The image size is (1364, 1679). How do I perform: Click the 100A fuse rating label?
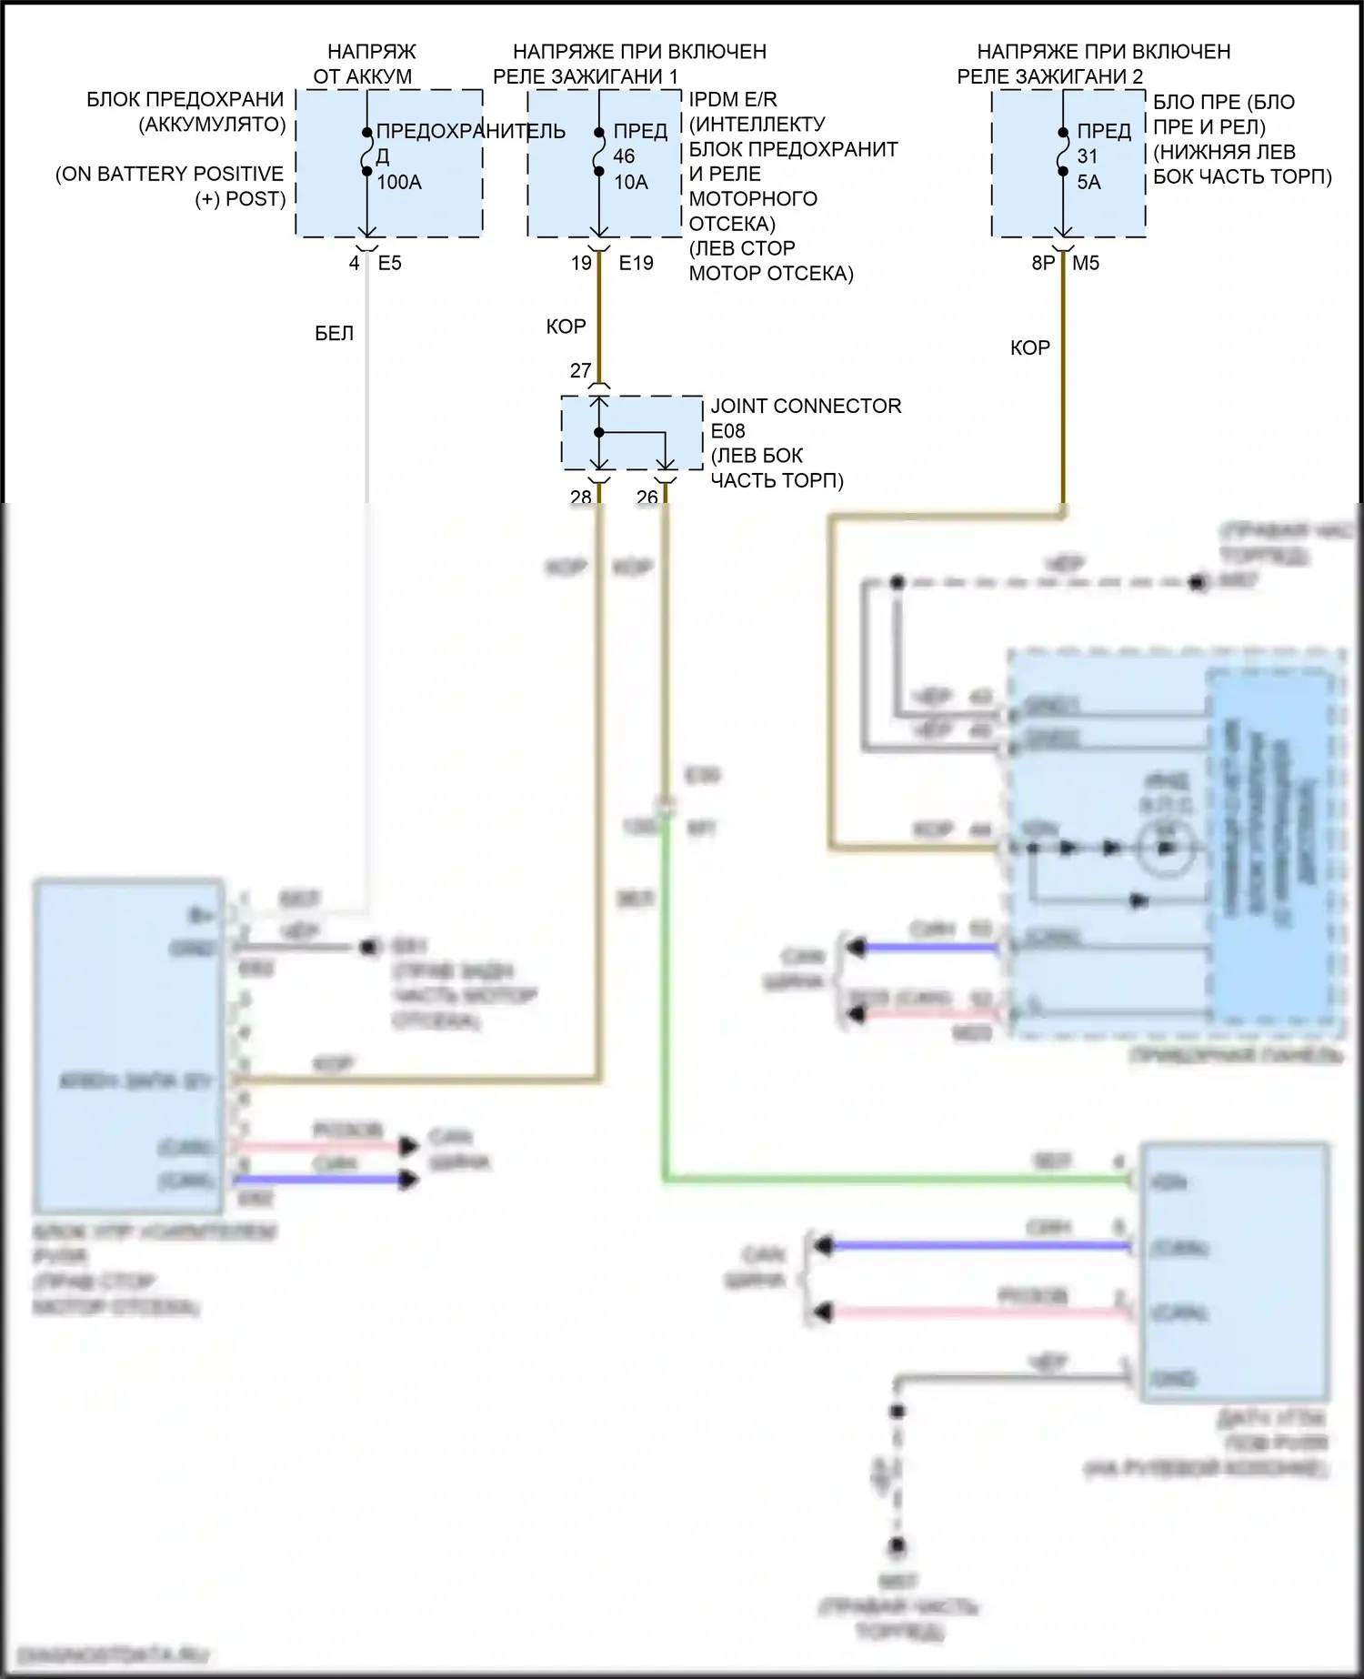pyautogui.click(x=399, y=182)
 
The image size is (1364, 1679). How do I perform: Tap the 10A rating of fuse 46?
pyautogui.click(x=631, y=182)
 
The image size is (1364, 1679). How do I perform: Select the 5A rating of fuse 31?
pyautogui.click(x=1088, y=182)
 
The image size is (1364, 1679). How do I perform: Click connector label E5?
pyautogui.click(x=389, y=263)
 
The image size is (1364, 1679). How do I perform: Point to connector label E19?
pyautogui.click(x=636, y=263)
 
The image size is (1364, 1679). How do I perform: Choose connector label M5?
pyautogui.click(x=1086, y=263)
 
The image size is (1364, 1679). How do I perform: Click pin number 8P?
pyautogui.click(x=1043, y=263)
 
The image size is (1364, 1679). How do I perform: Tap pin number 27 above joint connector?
pyautogui.click(x=580, y=370)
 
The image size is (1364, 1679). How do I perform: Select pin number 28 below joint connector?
pyautogui.click(x=580, y=497)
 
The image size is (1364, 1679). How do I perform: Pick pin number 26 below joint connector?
pyautogui.click(x=647, y=497)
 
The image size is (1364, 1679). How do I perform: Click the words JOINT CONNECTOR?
pyautogui.click(x=806, y=406)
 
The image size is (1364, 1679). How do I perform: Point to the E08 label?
pyautogui.click(x=727, y=430)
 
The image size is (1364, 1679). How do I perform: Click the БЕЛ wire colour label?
pyautogui.click(x=334, y=334)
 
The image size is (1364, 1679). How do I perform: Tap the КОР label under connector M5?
pyautogui.click(x=1029, y=347)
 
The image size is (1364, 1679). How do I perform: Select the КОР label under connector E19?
pyautogui.click(x=566, y=327)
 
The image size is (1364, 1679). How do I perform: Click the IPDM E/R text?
pyautogui.click(x=732, y=99)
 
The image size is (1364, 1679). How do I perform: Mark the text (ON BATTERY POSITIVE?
pyautogui.click(x=169, y=174)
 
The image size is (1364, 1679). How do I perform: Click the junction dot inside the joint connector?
pyautogui.click(x=599, y=432)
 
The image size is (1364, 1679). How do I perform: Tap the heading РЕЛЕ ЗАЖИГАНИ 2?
pyautogui.click(x=1049, y=76)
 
